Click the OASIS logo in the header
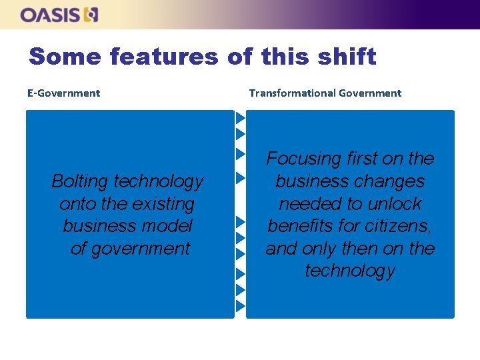[59, 15]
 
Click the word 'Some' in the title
[65, 57]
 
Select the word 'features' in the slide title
[164, 57]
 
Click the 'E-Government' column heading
[63, 93]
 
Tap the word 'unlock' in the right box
[394, 204]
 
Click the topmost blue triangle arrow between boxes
[241, 118]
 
